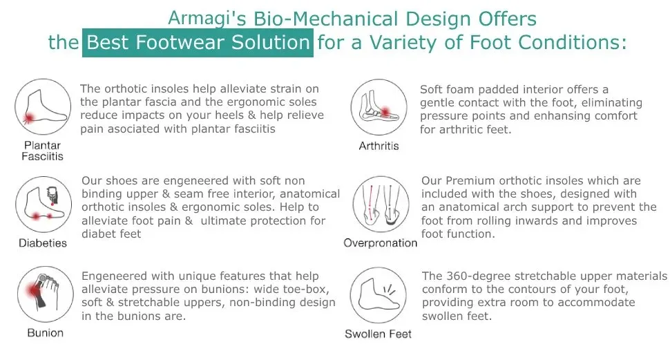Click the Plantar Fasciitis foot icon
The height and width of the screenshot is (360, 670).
[43, 107]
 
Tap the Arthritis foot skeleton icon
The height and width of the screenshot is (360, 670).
[379, 107]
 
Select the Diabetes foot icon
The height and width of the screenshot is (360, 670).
[44, 205]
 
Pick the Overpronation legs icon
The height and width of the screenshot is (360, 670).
[381, 205]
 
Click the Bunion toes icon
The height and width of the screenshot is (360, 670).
[46, 294]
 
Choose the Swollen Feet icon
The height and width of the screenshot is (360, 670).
[378, 295]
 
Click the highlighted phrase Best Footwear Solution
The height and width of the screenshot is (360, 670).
[198, 43]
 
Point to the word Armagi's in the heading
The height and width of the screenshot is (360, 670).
[207, 19]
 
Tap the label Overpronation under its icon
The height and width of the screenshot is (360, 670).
[381, 243]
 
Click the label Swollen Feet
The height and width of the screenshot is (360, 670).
[378, 334]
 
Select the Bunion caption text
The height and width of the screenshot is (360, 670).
[46, 332]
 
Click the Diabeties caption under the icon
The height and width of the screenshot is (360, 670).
[43, 243]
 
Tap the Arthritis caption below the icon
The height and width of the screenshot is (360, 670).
[379, 146]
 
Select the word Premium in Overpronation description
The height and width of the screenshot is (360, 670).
[470, 180]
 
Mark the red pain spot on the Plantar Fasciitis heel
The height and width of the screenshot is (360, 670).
[29, 117]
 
